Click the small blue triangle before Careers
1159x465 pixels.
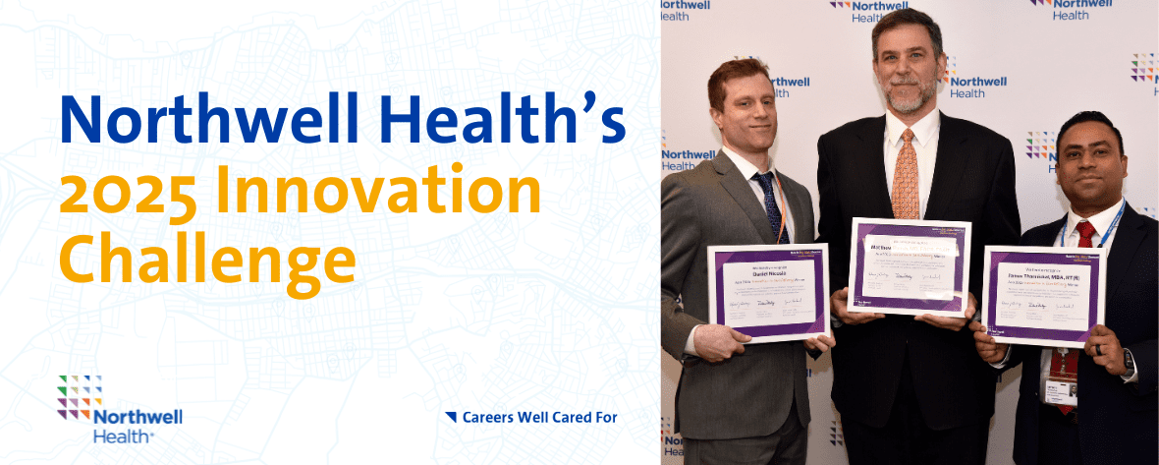pos(451,417)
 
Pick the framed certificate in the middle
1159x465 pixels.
pos(910,265)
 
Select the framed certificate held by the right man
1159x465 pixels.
pos(1042,295)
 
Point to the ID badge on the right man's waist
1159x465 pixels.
pos(1063,388)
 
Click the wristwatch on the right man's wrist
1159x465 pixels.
pos(1130,362)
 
